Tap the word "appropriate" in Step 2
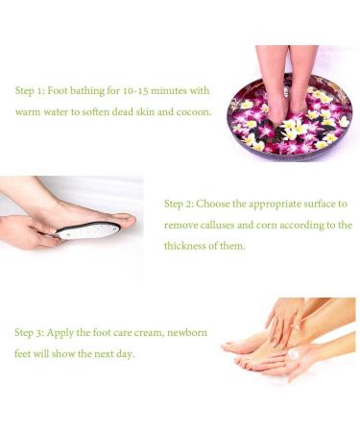pos(272,204)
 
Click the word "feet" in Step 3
pos(24,353)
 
